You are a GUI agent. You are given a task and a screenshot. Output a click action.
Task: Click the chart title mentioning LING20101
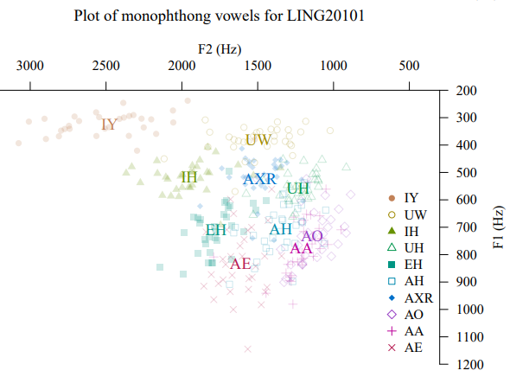click(x=219, y=16)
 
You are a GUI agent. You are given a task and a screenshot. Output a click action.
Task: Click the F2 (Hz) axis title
click(x=220, y=49)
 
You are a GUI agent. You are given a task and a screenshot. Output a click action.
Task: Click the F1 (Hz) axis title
click(x=498, y=227)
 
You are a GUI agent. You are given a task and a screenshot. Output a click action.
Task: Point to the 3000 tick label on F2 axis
click(x=30, y=66)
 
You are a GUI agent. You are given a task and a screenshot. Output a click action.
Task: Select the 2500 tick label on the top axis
click(x=105, y=66)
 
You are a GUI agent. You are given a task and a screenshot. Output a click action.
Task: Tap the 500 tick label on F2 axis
click(x=409, y=66)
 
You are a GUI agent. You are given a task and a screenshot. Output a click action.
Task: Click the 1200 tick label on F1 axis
click(x=470, y=365)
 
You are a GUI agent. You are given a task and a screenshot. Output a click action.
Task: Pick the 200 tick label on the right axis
click(x=467, y=91)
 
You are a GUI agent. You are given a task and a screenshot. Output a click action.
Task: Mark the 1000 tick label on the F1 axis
click(x=470, y=310)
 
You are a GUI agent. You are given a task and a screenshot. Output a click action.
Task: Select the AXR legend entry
click(x=411, y=298)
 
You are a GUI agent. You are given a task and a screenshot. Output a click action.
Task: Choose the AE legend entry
click(x=405, y=348)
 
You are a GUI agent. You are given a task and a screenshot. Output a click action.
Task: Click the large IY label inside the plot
click(x=109, y=125)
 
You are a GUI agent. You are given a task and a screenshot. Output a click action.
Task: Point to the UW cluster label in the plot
click(x=258, y=140)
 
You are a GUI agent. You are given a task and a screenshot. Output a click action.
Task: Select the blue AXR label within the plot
click(x=259, y=179)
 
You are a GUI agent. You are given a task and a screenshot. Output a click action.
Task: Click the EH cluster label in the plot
click(x=215, y=230)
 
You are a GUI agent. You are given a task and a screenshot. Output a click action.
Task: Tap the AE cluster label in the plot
click(x=240, y=264)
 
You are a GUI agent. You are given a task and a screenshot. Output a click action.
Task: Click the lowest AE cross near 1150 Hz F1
click(x=247, y=349)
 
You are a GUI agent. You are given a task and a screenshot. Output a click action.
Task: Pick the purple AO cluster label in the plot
click(x=312, y=236)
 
